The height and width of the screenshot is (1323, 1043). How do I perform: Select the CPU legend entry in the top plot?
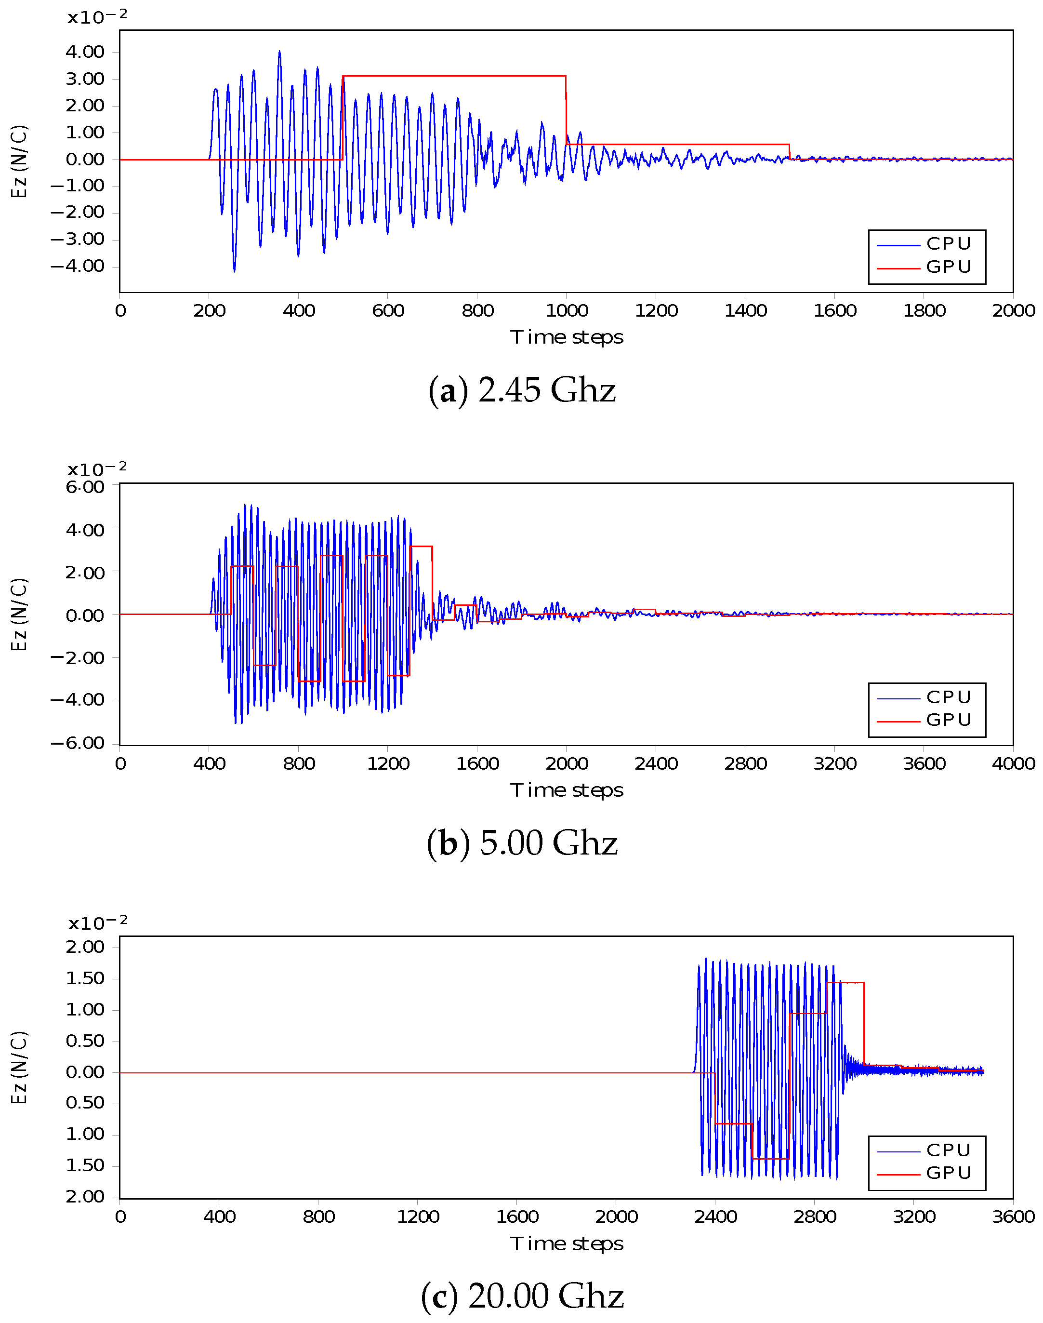click(x=948, y=244)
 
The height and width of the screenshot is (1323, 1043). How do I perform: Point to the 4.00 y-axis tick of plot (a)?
click(x=85, y=52)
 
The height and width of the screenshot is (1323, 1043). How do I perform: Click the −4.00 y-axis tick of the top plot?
click(x=78, y=267)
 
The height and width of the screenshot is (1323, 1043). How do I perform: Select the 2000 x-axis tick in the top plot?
click(x=1013, y=311)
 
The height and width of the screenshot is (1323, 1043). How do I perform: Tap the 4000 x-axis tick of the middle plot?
click(x=1013, y=763)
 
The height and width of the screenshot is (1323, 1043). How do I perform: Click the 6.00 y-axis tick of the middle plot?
click(x=85, y=487)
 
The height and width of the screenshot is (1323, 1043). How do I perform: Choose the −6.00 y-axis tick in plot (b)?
click(x=78, y=743)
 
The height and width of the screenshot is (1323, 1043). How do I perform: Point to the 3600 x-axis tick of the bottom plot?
click(x=1013, y=1216)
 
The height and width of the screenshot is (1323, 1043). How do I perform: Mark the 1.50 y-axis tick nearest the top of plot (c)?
click(x=85, y=978)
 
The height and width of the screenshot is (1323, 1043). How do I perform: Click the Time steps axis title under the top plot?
click(x=567, y=337)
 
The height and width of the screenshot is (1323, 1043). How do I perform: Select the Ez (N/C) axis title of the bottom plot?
click(x=20, y=1068)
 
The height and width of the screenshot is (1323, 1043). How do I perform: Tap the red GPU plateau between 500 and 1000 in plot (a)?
click(x=454, y=76)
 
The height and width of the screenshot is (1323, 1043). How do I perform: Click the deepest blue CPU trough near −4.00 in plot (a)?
click(x=235, y=270)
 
